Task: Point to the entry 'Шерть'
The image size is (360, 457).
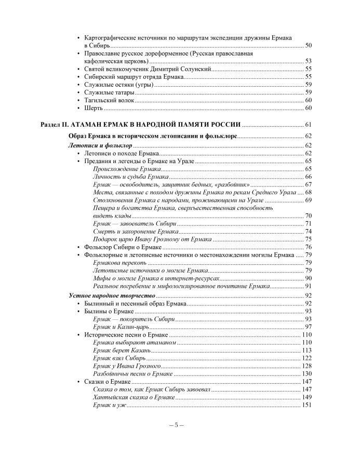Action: point(94,107)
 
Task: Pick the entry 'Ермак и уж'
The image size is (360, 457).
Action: point(109,405)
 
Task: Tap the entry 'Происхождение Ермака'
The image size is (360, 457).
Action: point(126,169)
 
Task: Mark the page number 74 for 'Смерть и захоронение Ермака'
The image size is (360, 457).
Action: point(308,231)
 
